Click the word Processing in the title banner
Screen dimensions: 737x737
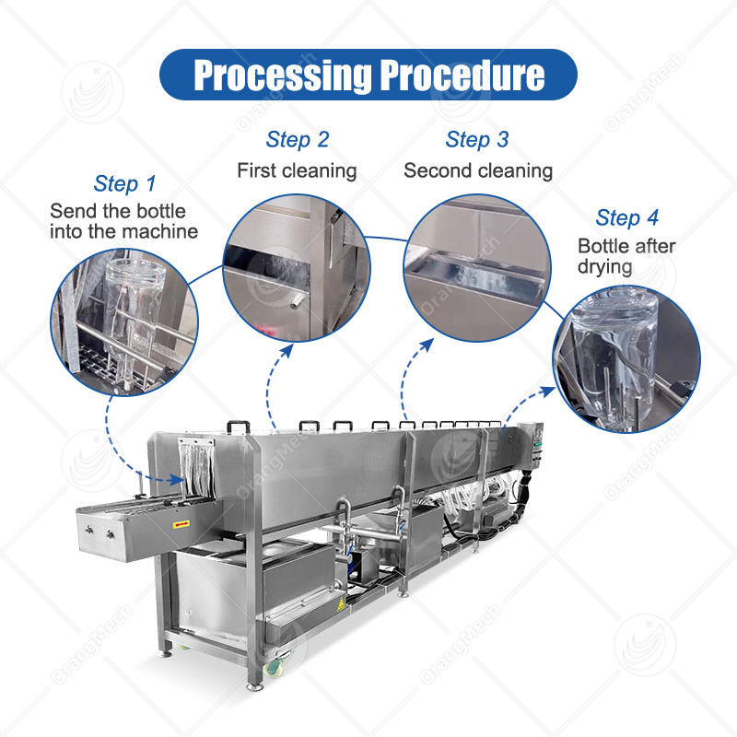click(x=277, y=76)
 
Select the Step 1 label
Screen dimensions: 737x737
click(x=130, y=183)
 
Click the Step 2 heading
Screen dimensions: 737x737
click(x=297, y=140)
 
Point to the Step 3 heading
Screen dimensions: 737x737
click(x=476, y=140)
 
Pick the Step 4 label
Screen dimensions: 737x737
click(x=626, y=218)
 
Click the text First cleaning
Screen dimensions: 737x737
click(x=297, y=170)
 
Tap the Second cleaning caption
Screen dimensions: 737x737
click(x=478, y=170)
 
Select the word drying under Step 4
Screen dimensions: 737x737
click(x=605, y=267)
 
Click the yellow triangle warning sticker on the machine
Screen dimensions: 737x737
click(x=344, y=604)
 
